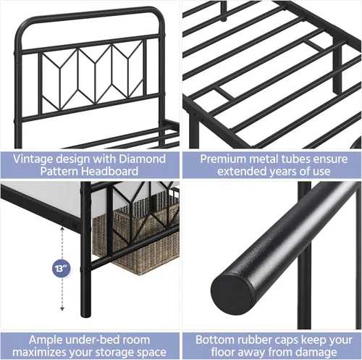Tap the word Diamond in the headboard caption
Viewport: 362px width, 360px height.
point(142,159)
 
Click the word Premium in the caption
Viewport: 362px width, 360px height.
point(224,159)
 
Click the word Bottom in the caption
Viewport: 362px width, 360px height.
point(216,338)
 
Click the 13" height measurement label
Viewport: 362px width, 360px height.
point(58,267)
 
